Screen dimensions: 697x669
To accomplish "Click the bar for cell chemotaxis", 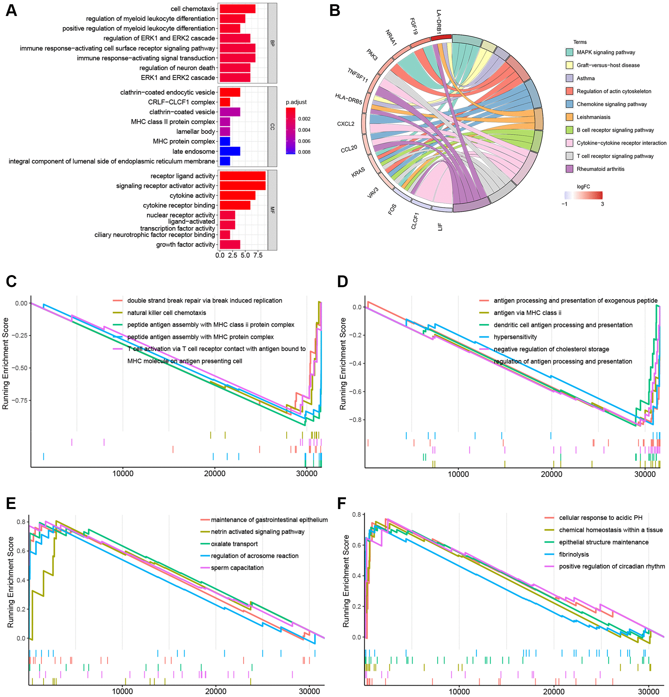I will [x=237, y=8].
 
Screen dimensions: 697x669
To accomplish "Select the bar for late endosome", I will [x=230, y=151].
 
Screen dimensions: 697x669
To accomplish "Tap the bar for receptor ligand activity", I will [x=242, y=176].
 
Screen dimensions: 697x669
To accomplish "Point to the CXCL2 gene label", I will [x=345, y=124].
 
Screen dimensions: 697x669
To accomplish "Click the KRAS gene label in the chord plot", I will [x=358, y=173].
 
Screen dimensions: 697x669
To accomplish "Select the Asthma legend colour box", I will [x=569, y=78].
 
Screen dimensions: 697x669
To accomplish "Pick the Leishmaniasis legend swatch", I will [x=569, y=117].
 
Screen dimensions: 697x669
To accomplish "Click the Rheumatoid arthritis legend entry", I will [x=600, y=169].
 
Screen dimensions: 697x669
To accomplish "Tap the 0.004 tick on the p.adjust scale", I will [x=304, y=130].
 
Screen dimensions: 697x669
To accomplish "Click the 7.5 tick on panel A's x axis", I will [x=258, y=255].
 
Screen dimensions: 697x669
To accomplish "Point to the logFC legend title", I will [x=583, y=186].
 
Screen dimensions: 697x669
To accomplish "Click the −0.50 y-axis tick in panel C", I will [x=20, y=368].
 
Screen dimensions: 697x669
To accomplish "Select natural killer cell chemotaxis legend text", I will [x=166, y=313].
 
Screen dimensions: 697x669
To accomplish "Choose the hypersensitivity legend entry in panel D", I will [x=515, y=337].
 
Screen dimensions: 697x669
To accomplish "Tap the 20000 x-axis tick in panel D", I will [x=551, y=474].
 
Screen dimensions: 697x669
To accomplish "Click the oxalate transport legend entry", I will [x=234, y=544].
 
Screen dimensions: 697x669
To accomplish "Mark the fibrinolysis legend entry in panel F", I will [x=574, y=554].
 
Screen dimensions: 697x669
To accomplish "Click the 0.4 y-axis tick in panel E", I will [x=21, y=580].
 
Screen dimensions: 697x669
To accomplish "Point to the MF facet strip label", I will [x=272, y=210].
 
